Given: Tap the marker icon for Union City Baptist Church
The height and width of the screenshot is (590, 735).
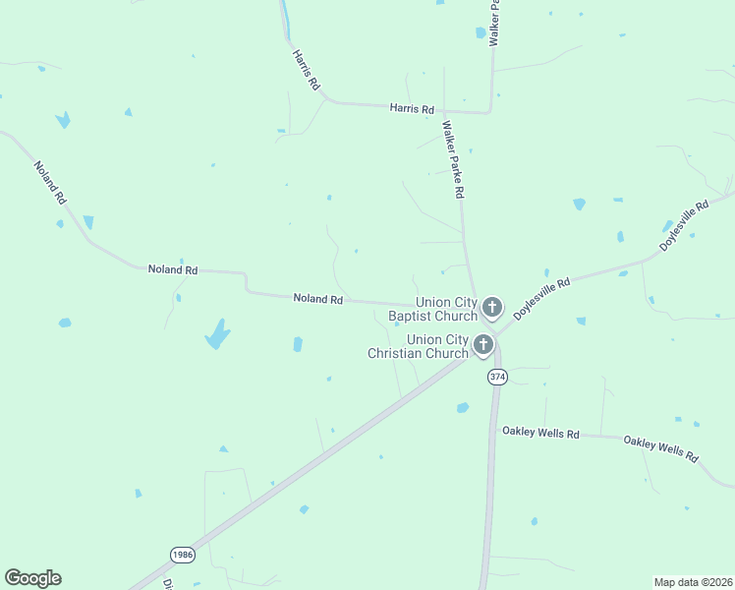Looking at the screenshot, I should click(491, 308).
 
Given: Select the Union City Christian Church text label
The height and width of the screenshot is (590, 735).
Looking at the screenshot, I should click(418, 346).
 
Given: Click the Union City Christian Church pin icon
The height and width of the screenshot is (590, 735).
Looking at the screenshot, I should click(482, 344).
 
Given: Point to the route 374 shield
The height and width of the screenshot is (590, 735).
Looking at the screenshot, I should click(497, 376).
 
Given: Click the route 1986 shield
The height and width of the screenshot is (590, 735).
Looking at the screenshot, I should click(183, 555).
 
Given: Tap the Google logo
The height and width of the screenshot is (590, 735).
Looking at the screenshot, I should click(32, 578).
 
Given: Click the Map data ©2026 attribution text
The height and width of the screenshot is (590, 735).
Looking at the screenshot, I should click(692, 581).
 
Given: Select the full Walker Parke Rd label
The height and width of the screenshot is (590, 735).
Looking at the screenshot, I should click(453, 160).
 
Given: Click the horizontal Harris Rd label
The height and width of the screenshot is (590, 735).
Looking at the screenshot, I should click(411, 109).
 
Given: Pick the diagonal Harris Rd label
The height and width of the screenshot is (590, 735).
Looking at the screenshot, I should click(307, 71).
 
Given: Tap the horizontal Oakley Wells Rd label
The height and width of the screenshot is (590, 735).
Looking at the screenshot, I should click(540, 432).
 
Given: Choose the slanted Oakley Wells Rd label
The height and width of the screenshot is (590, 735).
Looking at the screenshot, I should click(660, 449).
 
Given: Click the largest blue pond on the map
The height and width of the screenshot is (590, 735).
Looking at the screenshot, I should click(217, 334).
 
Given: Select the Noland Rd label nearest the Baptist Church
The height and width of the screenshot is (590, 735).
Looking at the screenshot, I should click(317, 298).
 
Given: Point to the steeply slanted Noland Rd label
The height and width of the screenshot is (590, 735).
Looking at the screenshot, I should click(49, 182).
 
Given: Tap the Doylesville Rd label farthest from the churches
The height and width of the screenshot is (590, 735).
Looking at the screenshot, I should click(684, 225).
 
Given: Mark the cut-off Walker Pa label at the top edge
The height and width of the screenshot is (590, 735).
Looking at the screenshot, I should click(495, 22).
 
